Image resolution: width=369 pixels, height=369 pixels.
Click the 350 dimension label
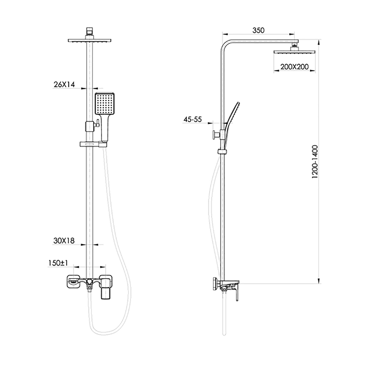[258, 30]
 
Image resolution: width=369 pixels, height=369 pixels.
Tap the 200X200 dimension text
[294, 67]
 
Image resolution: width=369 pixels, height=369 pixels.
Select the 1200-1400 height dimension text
[315, 162]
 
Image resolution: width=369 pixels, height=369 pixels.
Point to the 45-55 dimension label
[193, 119]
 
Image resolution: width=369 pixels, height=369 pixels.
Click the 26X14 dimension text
[64, 84]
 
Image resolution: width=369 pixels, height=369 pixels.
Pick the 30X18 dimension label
[64, 241]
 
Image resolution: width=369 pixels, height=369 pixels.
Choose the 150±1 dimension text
[58, 263]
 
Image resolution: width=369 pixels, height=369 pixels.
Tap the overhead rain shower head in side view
[294, 52]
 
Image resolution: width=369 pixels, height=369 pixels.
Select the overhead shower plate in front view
[90, 41]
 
